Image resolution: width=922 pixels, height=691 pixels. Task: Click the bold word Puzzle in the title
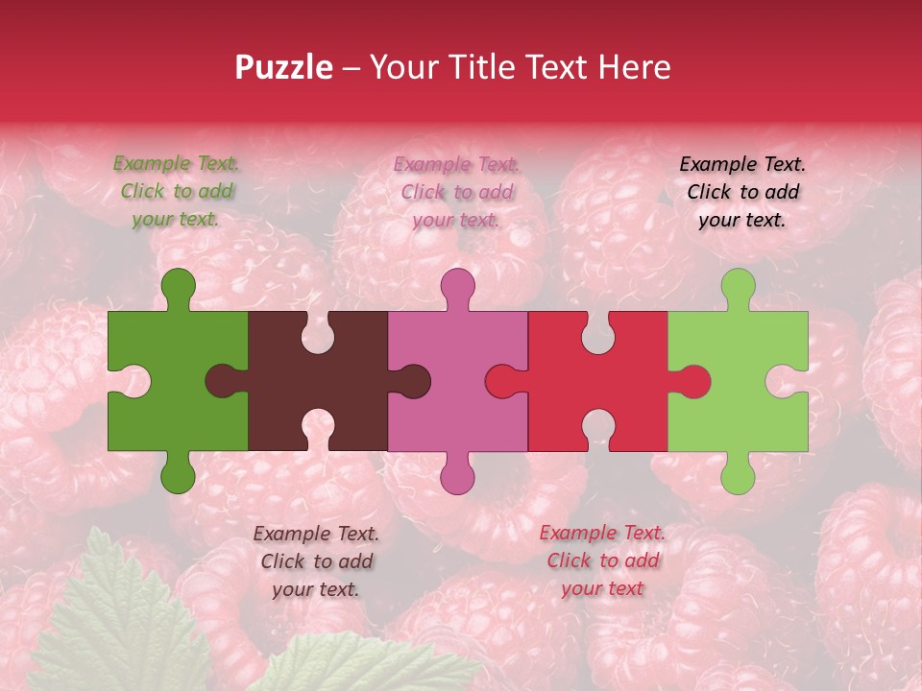283,67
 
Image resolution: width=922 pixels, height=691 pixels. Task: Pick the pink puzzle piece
451,345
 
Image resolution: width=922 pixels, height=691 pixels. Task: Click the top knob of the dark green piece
179,286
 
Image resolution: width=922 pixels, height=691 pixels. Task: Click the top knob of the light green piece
738,286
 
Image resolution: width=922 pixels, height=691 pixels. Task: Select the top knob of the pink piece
457,286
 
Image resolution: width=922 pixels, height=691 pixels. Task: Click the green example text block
176,191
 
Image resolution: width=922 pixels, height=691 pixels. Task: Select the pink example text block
456,192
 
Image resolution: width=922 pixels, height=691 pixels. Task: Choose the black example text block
742,192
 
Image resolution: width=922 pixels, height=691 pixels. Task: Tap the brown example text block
316,561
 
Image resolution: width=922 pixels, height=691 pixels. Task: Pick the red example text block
602,560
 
